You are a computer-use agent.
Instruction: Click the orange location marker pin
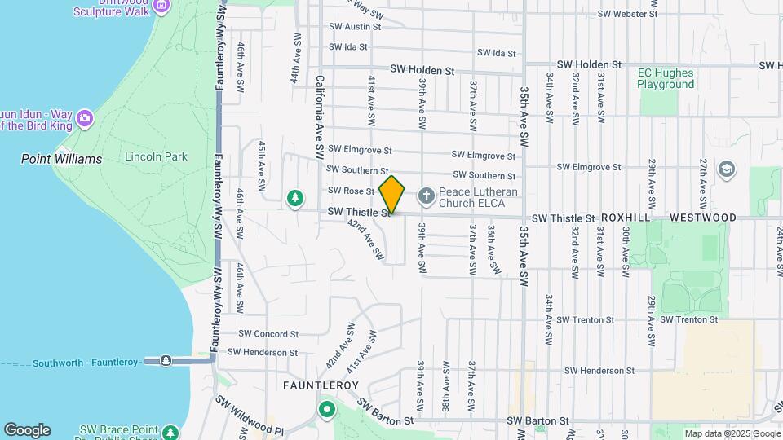(x=392, y=195)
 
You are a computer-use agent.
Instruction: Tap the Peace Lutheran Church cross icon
(x=425, y=196)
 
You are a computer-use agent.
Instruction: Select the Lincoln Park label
(x=156, y=157)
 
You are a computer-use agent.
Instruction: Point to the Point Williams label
(x=61, y=159)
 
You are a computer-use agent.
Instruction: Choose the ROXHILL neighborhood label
(x=630, y=218)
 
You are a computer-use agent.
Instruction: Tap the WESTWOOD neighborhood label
(x=702, y=218)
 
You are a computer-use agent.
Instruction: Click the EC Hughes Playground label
(x=666, y=78)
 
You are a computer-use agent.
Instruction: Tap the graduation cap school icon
(x=725, y=169)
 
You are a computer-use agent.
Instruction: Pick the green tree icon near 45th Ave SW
(x=294, y=198)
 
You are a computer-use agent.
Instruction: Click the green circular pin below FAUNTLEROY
(x=327, y=409)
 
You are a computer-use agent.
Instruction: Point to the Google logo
(x=27, y=430)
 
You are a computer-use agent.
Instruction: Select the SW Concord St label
(x=268, y=334)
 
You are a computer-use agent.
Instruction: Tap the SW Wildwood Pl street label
(x=250, y=415)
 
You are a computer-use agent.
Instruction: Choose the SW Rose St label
(x=351, y=191)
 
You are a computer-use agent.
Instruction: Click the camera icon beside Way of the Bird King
(x=84, y=121)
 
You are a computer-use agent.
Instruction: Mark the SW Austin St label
(x=355, y=27)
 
